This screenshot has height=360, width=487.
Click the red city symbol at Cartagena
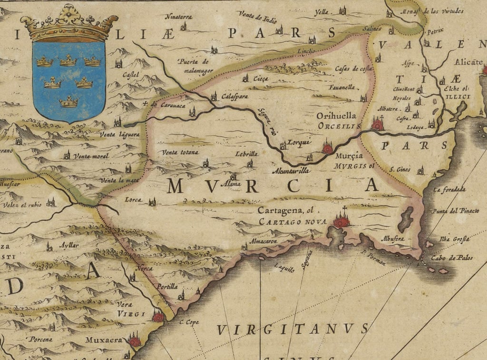click(341, 221)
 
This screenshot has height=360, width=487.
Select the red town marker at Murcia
click(327, 148)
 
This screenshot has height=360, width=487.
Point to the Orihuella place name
click(337, 116)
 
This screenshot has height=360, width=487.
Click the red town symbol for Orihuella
click(378, 125)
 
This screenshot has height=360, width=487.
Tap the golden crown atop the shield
click(69, 24)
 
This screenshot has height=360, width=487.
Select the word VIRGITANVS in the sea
click(292, 329)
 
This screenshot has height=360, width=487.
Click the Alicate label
click(468, 62)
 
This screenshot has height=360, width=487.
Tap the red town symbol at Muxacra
click(135, 341)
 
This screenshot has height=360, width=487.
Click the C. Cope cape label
click(189, 322)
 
